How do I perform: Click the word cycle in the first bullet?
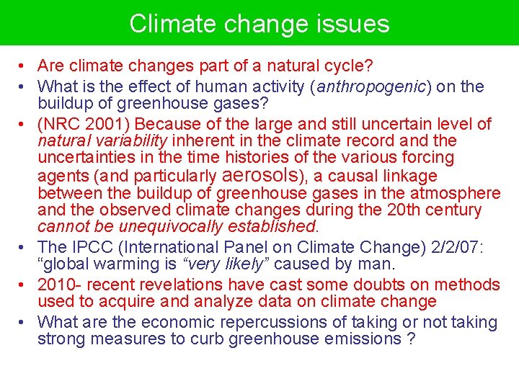pyautogui.click(x=347, y=66)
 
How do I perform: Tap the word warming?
pyautogui.click(x=121, y=265)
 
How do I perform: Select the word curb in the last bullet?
pyautogui.click(x=206, y=339)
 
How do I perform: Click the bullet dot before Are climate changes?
pyautogui.click(x=24, y=67)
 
